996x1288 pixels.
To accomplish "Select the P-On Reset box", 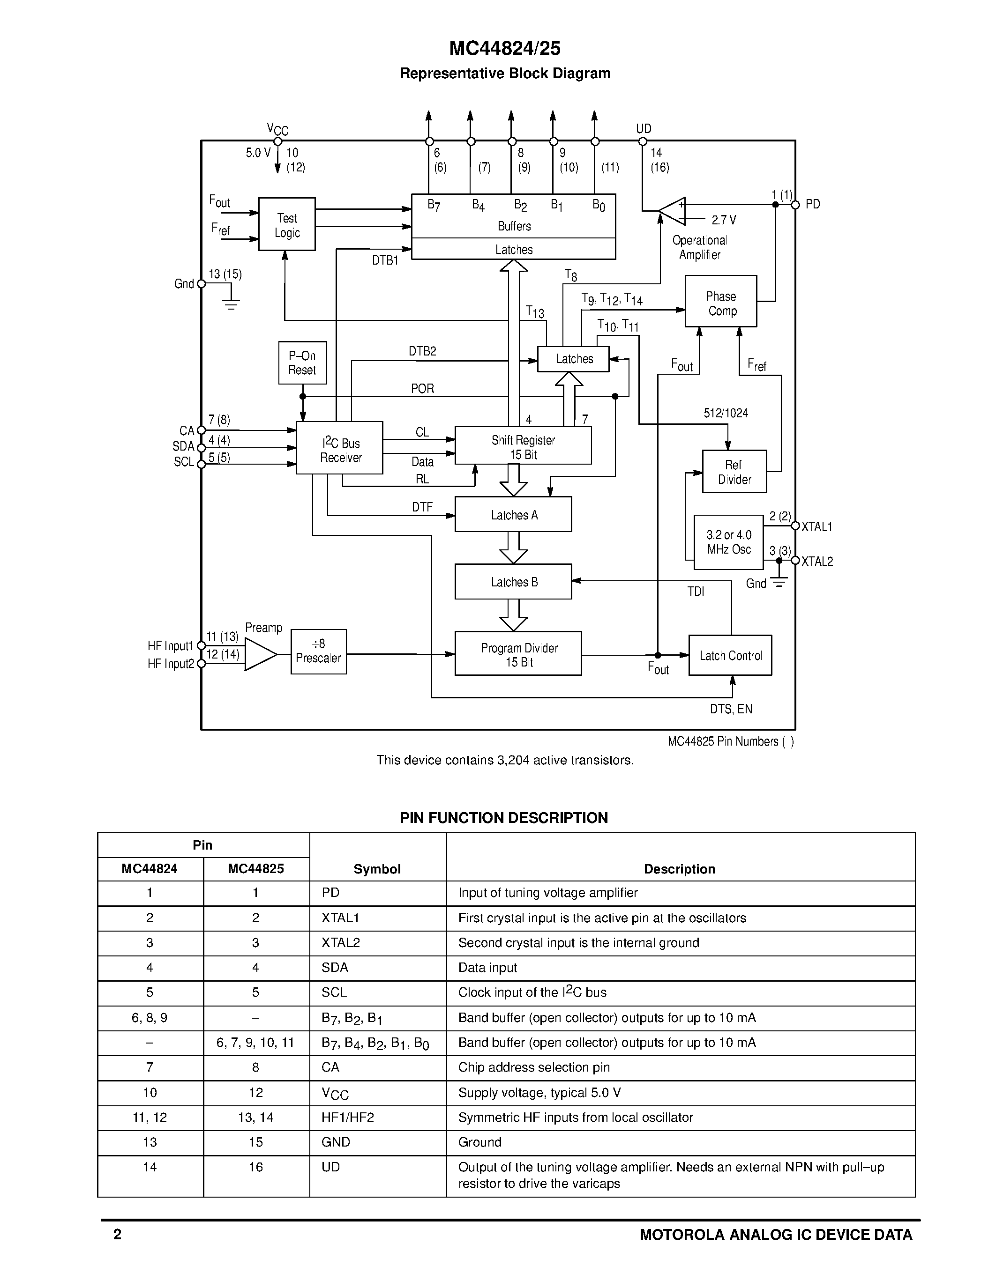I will point(302,363).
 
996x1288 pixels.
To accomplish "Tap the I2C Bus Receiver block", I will point(339,448).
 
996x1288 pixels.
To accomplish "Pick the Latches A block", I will point(513,515).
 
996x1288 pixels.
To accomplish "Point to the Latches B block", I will point(513,582).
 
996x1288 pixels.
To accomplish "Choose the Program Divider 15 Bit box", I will point(517,654).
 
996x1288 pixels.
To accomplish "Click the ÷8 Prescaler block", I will point(318,651).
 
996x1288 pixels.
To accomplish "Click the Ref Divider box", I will point(734,472).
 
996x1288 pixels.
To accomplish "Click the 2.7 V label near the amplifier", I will point(723,220).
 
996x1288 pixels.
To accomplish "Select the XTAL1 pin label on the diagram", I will point(816,526).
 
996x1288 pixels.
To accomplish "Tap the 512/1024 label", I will point(725,413).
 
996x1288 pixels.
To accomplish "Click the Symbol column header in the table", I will point(377,869).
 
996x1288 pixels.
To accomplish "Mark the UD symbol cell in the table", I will point(330,1167).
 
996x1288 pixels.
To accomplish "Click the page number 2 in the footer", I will point(118,1234).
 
